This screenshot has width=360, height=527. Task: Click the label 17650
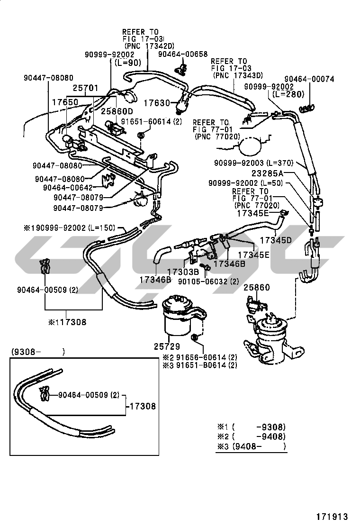pos(65,102)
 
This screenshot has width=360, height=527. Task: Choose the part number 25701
pos(85,88)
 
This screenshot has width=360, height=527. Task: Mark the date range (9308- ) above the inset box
pos(38,351)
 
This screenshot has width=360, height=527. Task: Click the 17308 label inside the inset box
pos(142,406)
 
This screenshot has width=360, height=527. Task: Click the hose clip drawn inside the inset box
pos(44,394)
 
